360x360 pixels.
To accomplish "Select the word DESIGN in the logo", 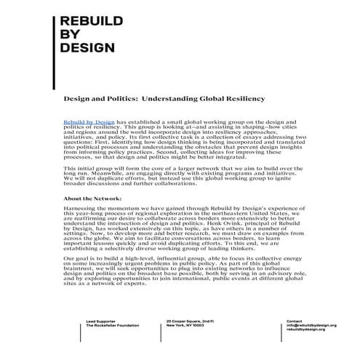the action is [x=88, y=49].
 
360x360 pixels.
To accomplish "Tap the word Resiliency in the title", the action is [x=246, y=97].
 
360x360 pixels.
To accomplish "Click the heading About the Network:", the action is [x=92, y=199].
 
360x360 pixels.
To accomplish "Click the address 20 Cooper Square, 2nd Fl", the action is [x=190, y=320].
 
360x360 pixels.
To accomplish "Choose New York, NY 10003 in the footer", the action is [x=185, y=326].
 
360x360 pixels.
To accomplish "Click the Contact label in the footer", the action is [x=294, y=320].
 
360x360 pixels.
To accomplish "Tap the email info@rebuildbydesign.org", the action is [x=311, y=326].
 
